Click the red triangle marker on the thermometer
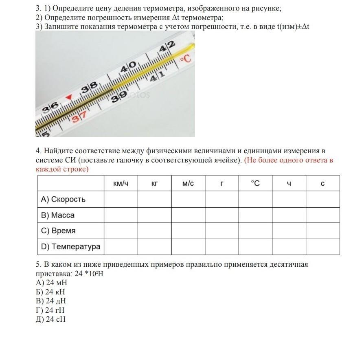click(x=69, y=97)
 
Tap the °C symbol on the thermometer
click(x=185, y=59)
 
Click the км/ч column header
click(x=121, y=184)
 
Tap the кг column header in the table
click(x=154, y=184)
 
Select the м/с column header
click(x=188, y=184)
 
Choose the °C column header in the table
click(x=255, y=184)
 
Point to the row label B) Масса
click(x=58, y=215)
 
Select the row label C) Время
click(x=58, y=230)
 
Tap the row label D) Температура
click(x=70, y=246)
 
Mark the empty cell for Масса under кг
click(x=154, y=215)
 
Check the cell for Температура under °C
click(x=255, y=246)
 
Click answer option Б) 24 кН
click(x=50, y=292)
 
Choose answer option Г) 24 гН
click(x=50, y=310)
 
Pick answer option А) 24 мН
click(x=51, y=283)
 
